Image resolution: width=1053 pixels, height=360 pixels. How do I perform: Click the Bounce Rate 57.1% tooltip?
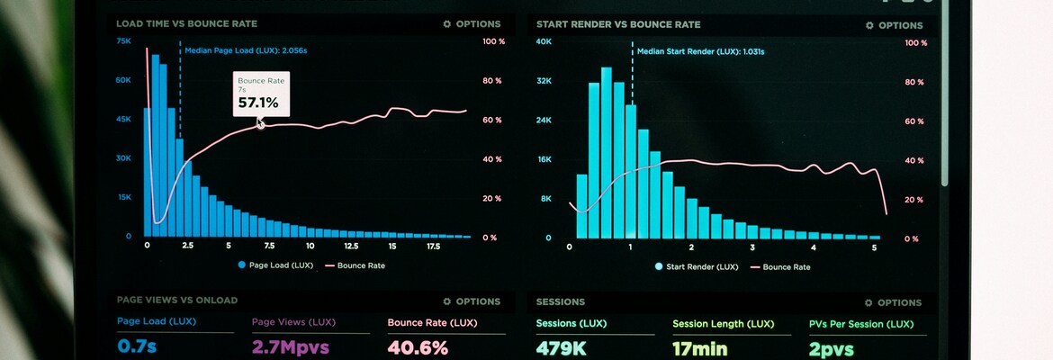tap(261, 94)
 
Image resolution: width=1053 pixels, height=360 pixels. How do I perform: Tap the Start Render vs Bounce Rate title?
tap(618, 24)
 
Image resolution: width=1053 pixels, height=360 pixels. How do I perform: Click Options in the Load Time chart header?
tap(472, 24)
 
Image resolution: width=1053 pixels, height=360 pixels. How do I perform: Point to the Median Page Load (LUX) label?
tap(246, 51)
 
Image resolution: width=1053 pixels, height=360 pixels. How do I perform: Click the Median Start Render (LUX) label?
tap(700, 52)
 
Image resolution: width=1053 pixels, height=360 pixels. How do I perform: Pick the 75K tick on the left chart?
tap(123, 41)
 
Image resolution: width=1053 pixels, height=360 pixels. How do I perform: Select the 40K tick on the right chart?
tap(544, 41)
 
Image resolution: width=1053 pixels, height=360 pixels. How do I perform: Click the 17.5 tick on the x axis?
tap(433, 246)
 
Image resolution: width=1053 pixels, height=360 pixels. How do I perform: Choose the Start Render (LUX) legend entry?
tap(697, 266)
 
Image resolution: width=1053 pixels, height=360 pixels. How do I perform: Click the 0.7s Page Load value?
tap(138, 346)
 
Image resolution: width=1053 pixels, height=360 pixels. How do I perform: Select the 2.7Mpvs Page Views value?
tap(291, 347)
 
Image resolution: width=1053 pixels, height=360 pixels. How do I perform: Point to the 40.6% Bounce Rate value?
tap(418, 347)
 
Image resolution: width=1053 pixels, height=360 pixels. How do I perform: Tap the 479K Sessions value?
tap(562, 347)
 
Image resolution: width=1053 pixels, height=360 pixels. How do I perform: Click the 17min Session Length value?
tap(700, 347)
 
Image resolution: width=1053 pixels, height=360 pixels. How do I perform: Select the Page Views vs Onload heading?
tap(177, 300)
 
